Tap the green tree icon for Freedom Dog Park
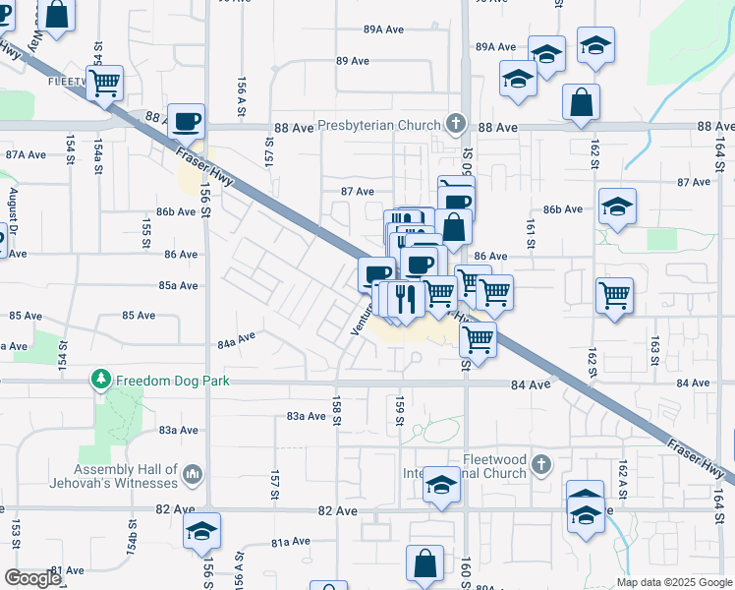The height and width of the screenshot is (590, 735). tap(100, 379)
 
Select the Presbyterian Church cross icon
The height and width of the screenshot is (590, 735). tap(455, 124)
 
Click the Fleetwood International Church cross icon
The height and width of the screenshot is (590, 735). tap(538, 463)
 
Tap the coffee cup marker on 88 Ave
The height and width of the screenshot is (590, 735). tap(186, 122)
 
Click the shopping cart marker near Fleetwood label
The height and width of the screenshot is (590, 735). tap(104, 84)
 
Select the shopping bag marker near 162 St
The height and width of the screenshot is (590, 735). tap(581, 101)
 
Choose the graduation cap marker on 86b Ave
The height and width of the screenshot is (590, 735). tap(617, 206)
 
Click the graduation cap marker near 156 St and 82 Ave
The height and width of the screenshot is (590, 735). tap(201, 530)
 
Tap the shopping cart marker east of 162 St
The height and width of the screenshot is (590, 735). tap(614, 294)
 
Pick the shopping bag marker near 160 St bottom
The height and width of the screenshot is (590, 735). tap(424, 563)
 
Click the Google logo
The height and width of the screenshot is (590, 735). tap(31, 578)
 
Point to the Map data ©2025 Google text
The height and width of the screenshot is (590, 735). tap(673, 582)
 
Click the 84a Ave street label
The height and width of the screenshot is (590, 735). tap(236, 340)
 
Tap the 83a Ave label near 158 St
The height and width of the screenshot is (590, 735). tap(306, 416)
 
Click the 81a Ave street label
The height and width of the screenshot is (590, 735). tap(291, 542)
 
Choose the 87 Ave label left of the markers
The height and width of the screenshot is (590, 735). tap(358, 192)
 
